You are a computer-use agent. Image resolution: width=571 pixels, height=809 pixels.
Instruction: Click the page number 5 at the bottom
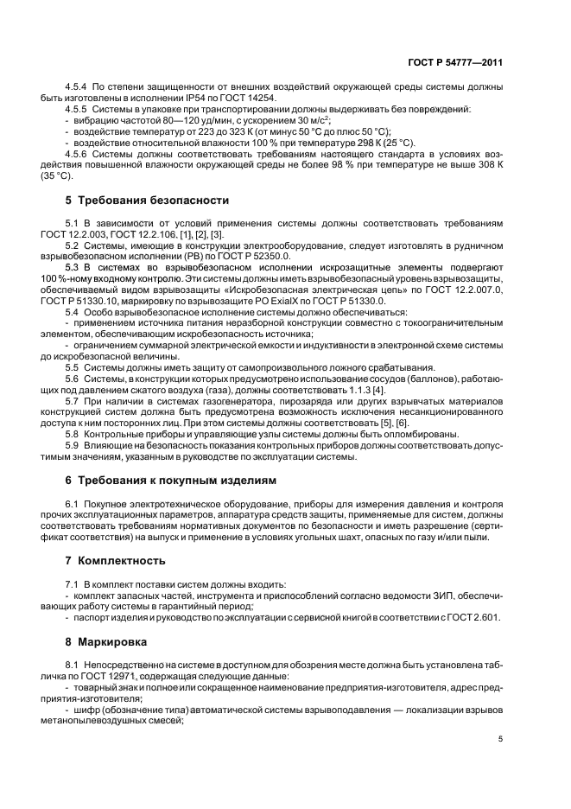(x=501, y=739)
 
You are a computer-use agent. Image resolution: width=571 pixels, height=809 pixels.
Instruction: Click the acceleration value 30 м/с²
(x=303, y=120)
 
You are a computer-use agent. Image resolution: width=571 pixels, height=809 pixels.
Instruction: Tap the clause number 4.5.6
(x=79, y=153)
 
